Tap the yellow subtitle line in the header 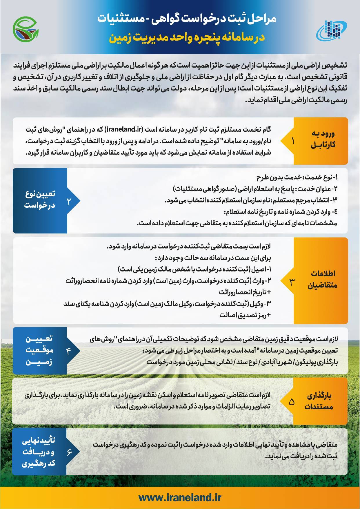pyautogui.click(x=187, y=38)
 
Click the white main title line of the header pyautogui.click(x=187, y=19)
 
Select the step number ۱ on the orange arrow pyautogui.click(x=292, y=141)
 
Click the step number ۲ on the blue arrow pyautogui.click(x=69, y=201)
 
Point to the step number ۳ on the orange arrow pyautogui.click(x=292, y=281)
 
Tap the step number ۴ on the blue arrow pyautogui.click(x=69, y=351)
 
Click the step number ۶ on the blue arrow pyautogui.click(x=69, y=452)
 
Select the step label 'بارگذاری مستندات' pyautogui.click(x=319, y=401)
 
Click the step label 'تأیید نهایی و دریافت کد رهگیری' pyautogui.click(x=39, y=452)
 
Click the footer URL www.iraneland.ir pyautogui.click(x=180, y=498)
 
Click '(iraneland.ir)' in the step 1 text pyautogui.click(x=123, y=129)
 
